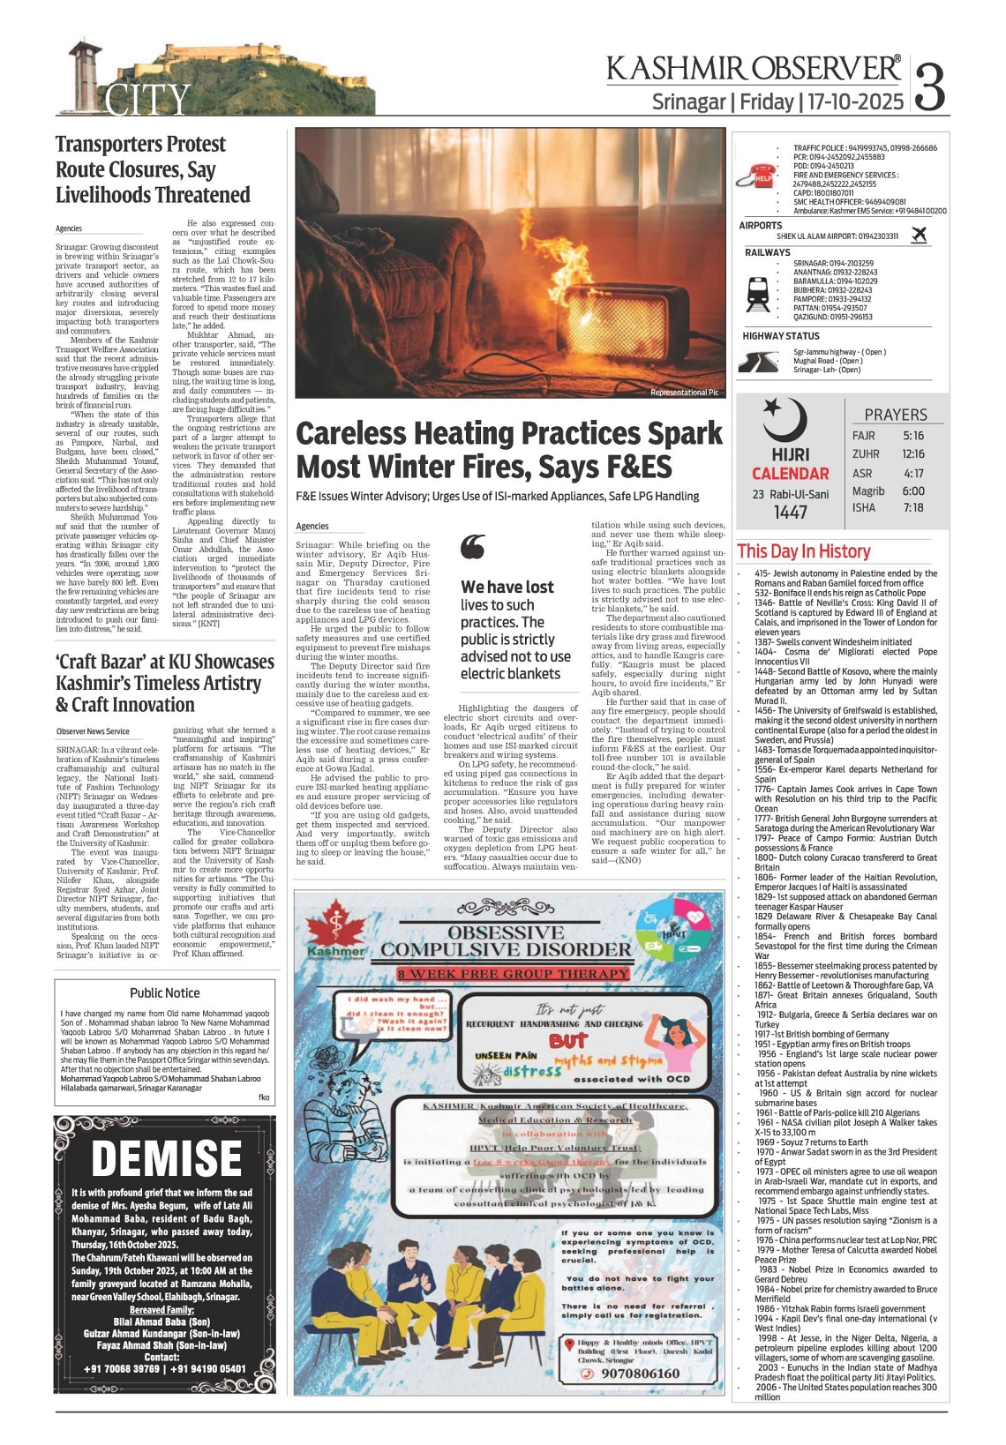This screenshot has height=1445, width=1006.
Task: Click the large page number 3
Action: tap(931, 86)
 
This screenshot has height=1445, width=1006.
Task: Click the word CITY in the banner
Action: tap(147, 100)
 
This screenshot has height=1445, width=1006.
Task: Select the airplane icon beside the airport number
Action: tap(919, 235)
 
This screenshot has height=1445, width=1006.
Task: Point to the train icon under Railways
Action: tap(757, 294)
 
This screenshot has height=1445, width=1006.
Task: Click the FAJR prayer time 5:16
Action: tap(913, 436)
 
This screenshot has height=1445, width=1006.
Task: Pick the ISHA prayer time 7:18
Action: tap(913, 507)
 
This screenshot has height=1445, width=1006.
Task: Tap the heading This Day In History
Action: tap(803, 551)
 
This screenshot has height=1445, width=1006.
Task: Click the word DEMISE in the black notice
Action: tap(167, 1157)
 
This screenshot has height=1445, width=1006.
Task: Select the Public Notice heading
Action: tap(165, 992)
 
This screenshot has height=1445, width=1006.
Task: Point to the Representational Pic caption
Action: tap(684, 393)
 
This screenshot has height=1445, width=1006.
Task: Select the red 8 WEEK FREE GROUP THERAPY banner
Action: tap(514, 974)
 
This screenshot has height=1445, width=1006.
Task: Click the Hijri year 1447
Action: tap(790, 513)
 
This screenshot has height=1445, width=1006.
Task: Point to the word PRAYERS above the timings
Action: tap(896, 415)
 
